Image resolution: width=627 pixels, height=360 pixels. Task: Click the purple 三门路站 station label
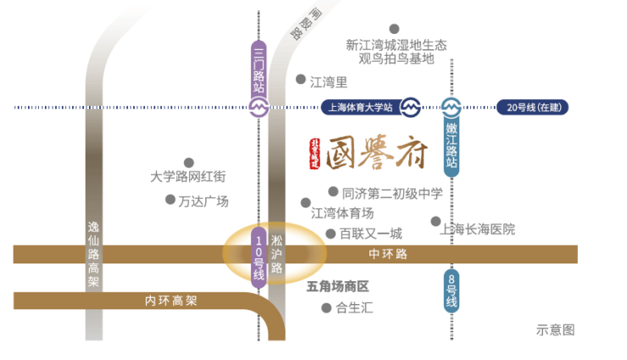click(259, 71)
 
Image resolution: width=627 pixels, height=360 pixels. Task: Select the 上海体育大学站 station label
click(358, 108)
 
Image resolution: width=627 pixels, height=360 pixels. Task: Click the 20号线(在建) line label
click(535, 108)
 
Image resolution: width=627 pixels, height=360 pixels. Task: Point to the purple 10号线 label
click(259, 258)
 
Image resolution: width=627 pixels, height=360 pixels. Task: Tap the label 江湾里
click(329, 82)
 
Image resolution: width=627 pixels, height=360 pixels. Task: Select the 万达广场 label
click(203, 201)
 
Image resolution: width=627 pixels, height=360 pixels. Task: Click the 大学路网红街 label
click(188, 178)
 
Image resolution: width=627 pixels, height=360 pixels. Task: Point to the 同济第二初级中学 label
click(391, 193)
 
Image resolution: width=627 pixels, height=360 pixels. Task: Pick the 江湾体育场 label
click(342, 213)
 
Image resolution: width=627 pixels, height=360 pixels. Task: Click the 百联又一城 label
click(370, 234)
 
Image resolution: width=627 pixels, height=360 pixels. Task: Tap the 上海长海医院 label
click(479, 229)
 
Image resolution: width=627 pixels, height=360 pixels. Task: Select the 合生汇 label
click(354, 308)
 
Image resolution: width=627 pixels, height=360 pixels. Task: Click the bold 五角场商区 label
click(338, 286)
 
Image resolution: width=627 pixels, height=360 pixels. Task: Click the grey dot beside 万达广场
click(169, 200)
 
